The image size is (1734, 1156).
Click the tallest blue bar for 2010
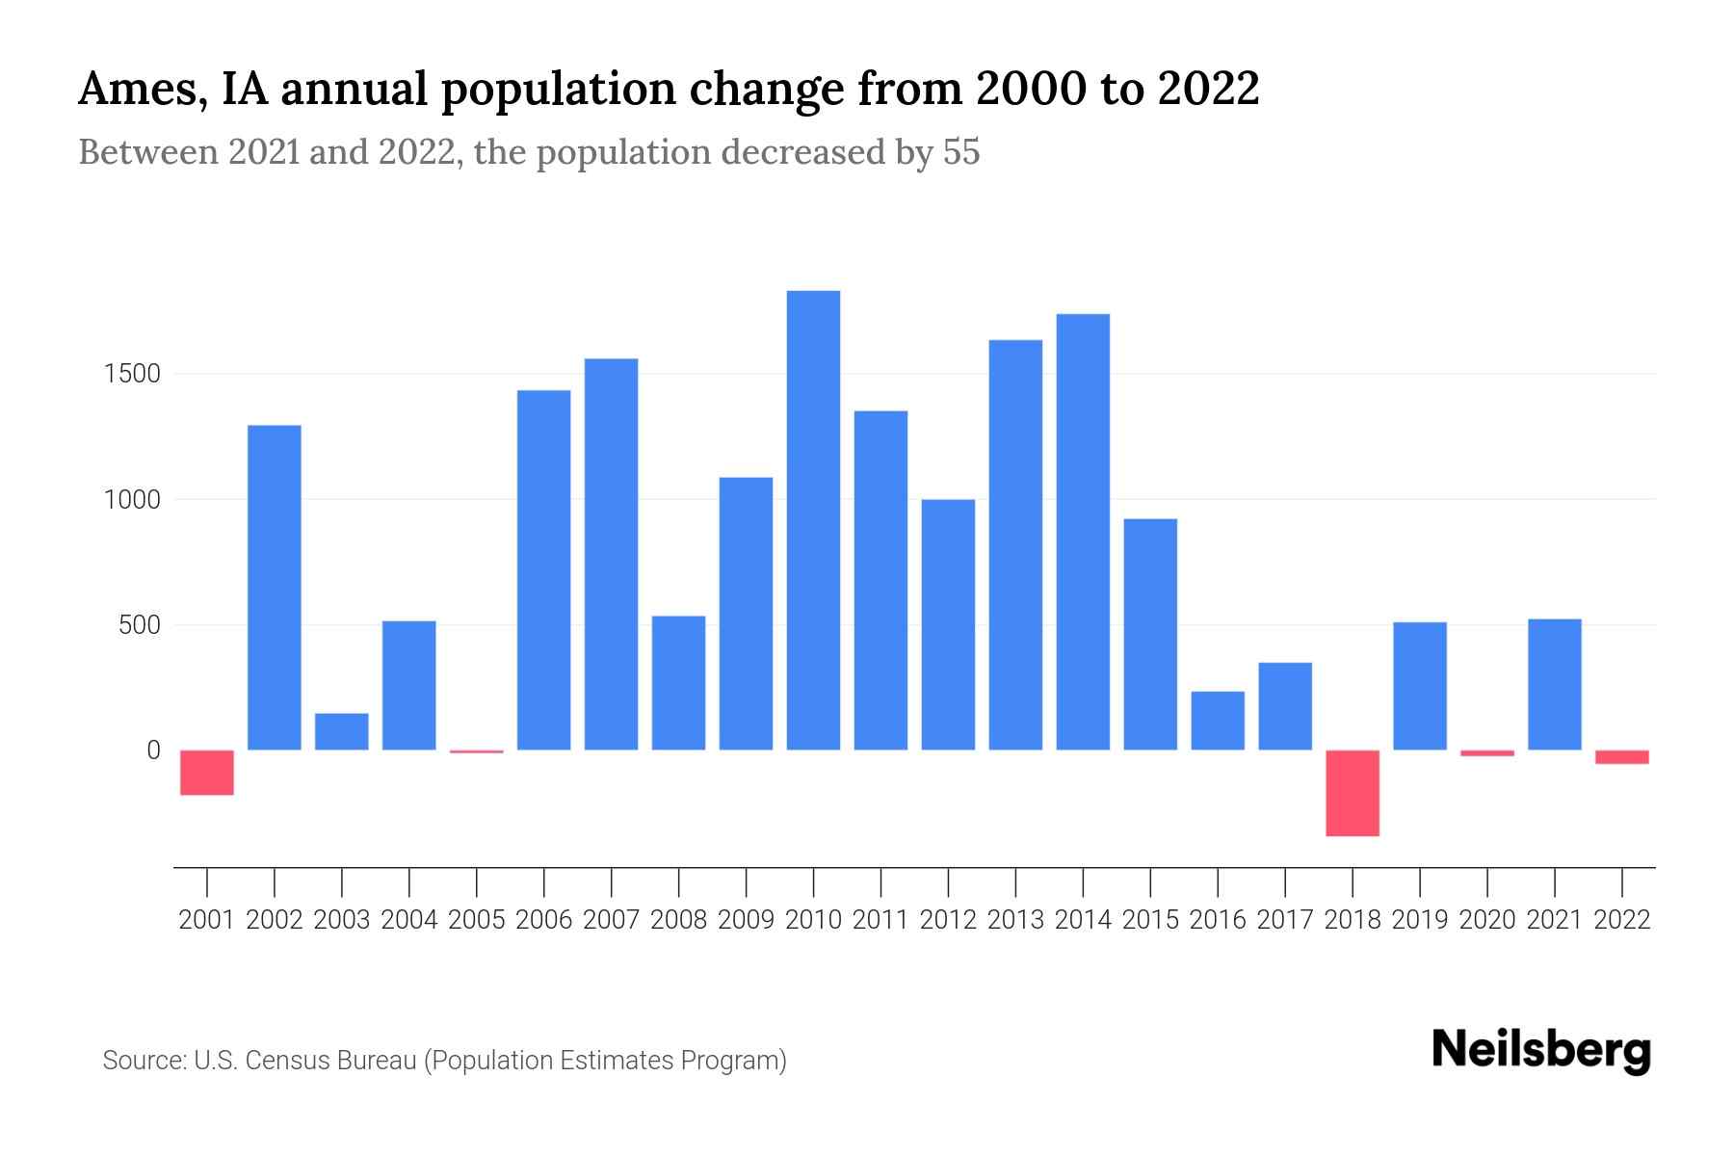[x=813, y=520]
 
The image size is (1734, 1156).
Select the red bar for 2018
[x=1353, y=793]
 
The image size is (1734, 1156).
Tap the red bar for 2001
[x=207, y=773]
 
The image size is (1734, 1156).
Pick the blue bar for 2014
[x=1083, y=532]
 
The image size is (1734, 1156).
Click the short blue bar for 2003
[x=342, y=731]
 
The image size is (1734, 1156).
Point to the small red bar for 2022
[x=1622, y=757]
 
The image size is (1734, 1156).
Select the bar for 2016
[x=1218, y=721]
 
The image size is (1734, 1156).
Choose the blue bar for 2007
[x=611, y=554]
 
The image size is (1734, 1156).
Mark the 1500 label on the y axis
[x=132, y=374]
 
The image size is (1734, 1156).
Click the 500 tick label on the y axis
[x=139, y=625]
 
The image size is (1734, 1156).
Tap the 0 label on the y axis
[x=153, y=750]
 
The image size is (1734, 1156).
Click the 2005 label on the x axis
[x=477, y=920]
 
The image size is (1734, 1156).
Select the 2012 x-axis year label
[x=948, y=920]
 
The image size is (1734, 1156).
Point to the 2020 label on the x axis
[x=1487, y=920]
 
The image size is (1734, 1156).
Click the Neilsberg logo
[x=1541, y=1050]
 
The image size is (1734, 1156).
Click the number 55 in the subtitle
[x=960, y=152]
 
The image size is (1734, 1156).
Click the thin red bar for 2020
[x=1487, y=753]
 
